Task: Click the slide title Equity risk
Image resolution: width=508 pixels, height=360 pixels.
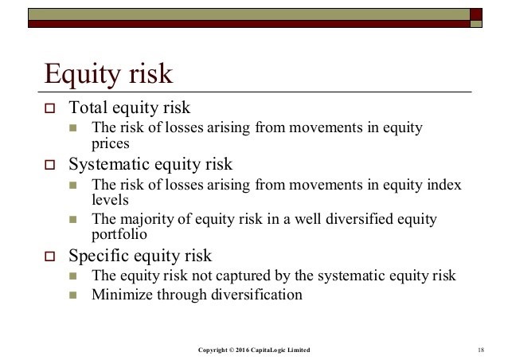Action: click(x=108, y=74)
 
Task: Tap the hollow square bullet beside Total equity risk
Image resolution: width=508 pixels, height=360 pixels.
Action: click(x=49, y=108)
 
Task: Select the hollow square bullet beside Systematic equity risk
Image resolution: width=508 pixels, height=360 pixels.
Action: click(x=49, y=165)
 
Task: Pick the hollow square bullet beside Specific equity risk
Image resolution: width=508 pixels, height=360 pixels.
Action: click(x=49, y=256)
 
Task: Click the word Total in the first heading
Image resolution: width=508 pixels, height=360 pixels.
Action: click(x=88, y=108)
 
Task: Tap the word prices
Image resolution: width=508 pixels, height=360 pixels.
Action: click(x=111, y=144)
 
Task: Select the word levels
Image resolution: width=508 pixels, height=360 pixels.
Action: click(x=110, y=200)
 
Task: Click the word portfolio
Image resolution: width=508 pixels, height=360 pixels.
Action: click(x=119, y=234)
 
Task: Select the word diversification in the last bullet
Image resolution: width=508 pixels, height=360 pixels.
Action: click(x=256, y=295)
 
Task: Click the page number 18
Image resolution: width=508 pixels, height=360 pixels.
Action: click(x=481, y=350)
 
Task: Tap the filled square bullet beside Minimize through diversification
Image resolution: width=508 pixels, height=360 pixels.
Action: click(x=73, y=295)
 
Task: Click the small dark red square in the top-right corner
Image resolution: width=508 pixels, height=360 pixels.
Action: click(x=476, y=14)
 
